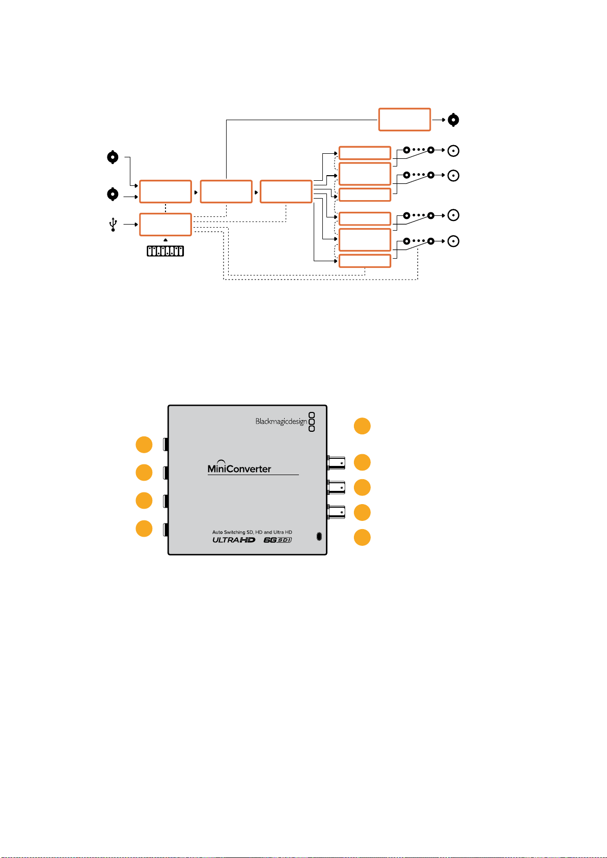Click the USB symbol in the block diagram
coord(113,225)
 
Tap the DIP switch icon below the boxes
coord(165,251)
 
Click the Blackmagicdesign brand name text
coord(281,421)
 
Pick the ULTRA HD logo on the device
coord(234,540)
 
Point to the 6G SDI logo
coord(278,540)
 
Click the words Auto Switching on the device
coord(229,532)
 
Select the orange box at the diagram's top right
coord(404,120)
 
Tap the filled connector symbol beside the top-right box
coord(453,120)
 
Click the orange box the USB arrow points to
coord(165,225)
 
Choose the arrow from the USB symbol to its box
coord(130,225)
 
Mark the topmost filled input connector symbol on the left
coord(113,157)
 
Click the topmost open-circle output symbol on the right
coord(453,151)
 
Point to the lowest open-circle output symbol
coord(453,241)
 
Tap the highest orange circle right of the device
coord(362,426)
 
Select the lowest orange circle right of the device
coord(362,537)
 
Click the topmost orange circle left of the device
coord(144,445)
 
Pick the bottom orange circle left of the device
coord(144,529)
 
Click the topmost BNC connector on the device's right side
coord(336,463)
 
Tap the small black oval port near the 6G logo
coord(319,537)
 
